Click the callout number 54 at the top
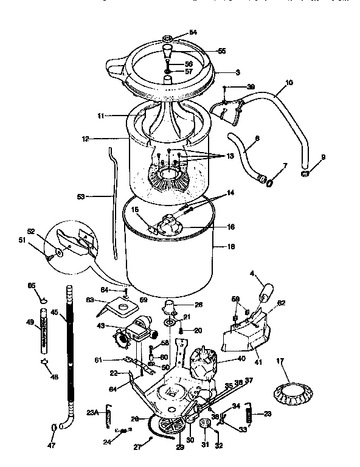193,32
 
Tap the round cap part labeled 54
167,42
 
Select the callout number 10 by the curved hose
289,81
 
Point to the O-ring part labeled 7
269,181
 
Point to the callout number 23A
92,411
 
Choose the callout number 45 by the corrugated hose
54,313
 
